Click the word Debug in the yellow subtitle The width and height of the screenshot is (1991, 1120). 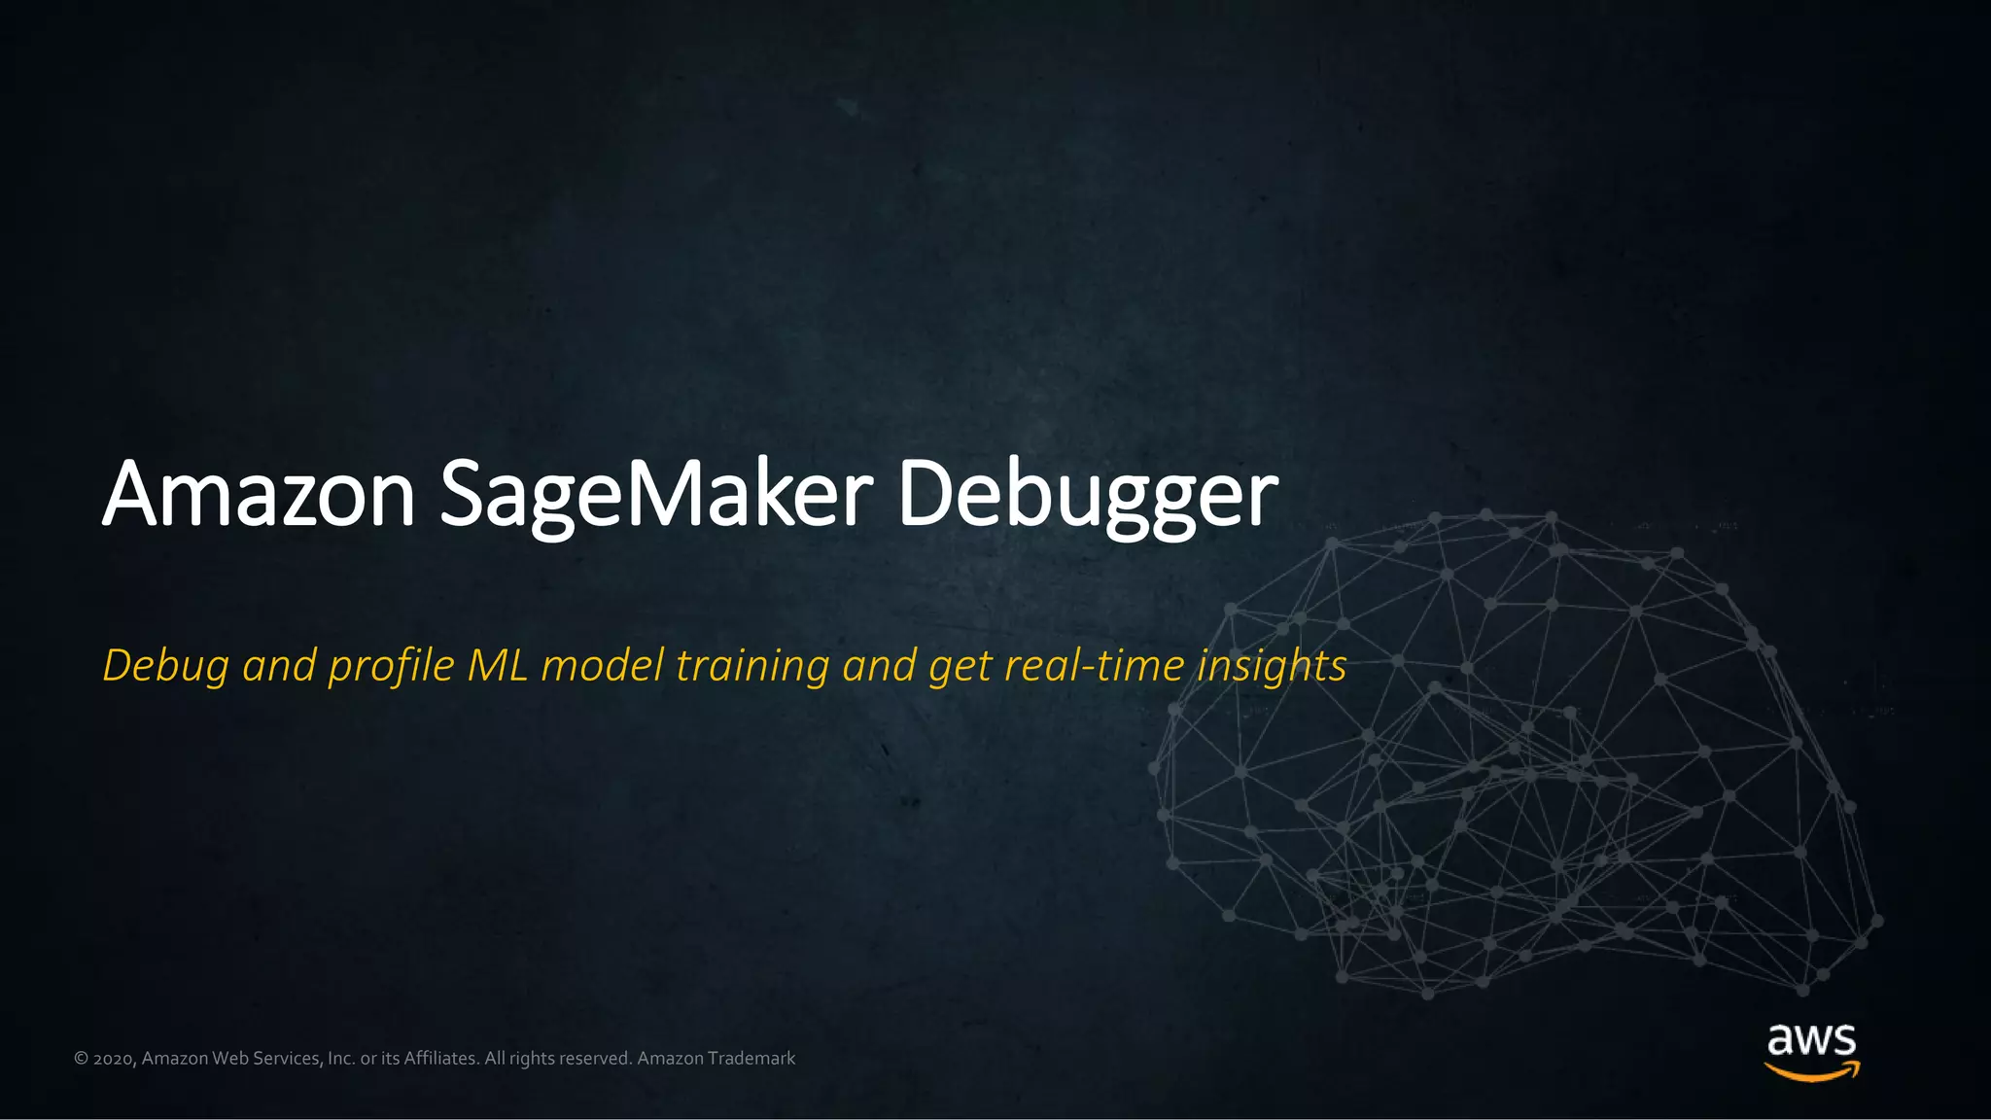tap(165, 667)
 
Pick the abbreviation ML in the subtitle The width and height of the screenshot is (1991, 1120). tap(497, 666)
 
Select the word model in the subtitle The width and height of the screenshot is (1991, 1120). tap(603, 666)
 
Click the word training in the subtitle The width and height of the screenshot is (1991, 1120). tap(752, 667)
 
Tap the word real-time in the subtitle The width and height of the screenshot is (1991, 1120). tap(1094, 666)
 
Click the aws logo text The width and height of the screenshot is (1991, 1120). tap(1811, 1039)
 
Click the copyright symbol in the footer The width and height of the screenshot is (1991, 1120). tap(81, 1058)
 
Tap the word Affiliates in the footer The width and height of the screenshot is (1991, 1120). tap(440, 1058)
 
